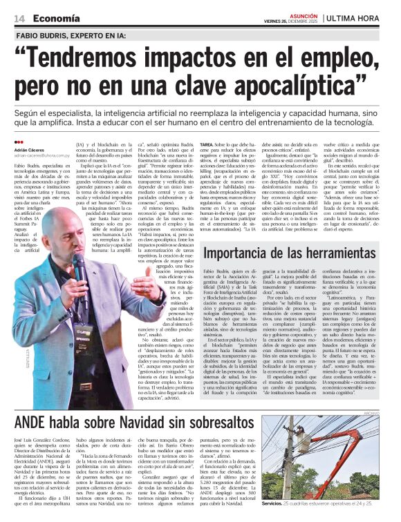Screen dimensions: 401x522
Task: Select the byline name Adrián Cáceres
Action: click(x=29, y=149)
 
